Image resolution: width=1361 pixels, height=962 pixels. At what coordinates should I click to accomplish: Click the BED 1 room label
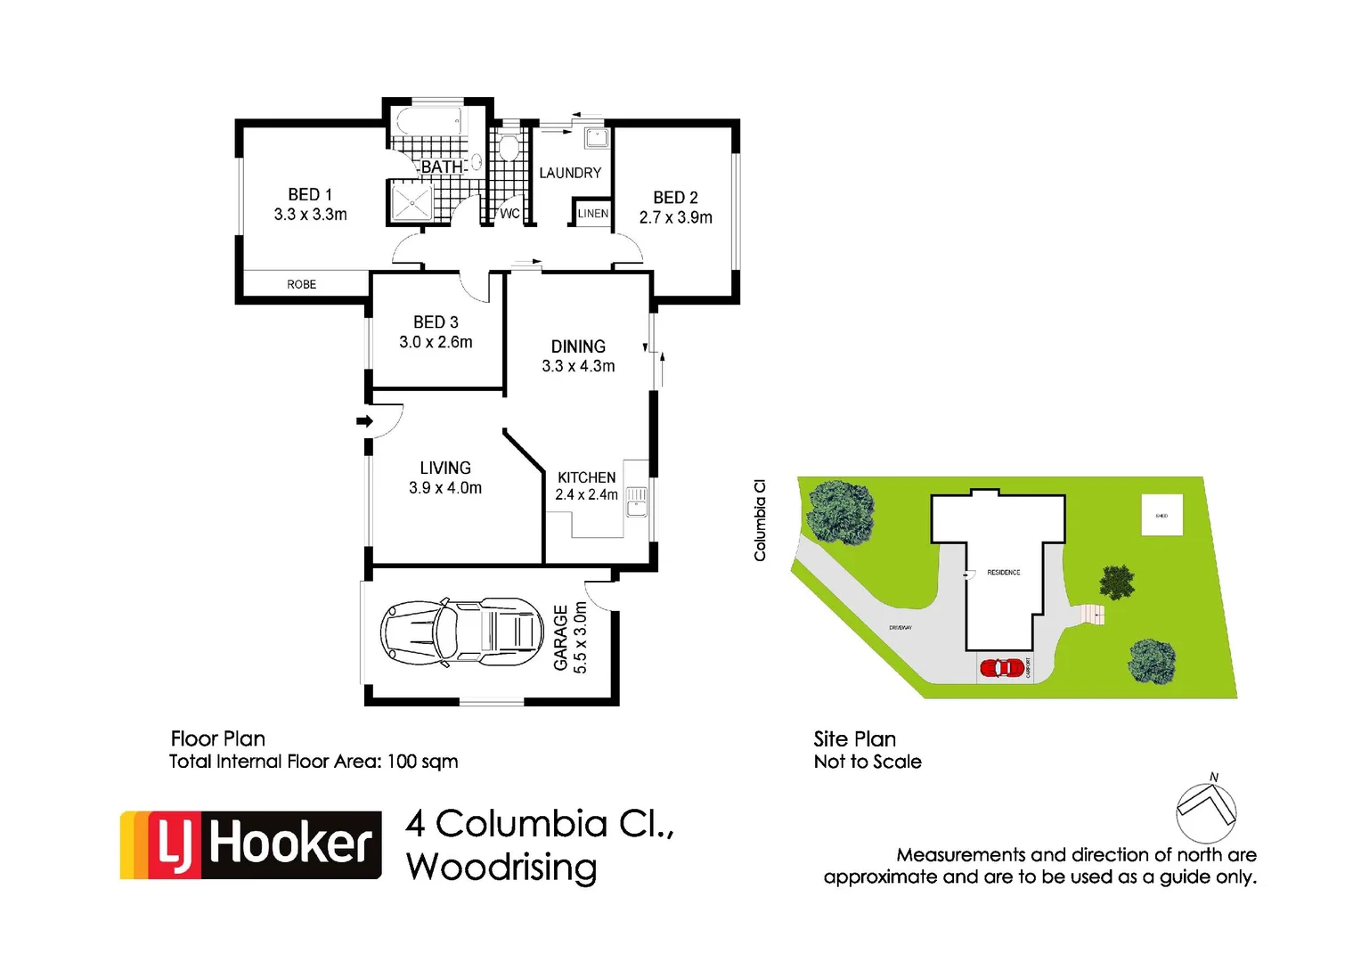click(x=310, y=194)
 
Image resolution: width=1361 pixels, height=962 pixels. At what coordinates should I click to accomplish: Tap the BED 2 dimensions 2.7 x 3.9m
click(x=675, y=217)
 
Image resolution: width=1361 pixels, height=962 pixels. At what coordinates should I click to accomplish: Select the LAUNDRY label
click(x=570, y=173)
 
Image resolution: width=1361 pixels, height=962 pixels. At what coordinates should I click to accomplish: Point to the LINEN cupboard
click(x=592, y=214)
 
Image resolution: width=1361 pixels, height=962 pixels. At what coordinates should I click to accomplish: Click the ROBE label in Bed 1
click(x=301, y=284)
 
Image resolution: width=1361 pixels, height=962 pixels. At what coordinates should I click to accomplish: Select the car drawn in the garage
click(x=461, y=632)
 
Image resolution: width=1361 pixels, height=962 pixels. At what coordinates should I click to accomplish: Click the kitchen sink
click(x=636, y=501)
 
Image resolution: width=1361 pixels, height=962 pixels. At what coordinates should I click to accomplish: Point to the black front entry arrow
click(x=364, y=420)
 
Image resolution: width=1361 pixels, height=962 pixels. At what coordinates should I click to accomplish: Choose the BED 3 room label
click(x=436, y=322)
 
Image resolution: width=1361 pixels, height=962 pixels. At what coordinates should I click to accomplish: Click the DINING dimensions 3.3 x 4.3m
click(x=578, y=366)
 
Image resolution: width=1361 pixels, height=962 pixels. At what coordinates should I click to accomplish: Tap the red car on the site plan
click(x=1002, y=667)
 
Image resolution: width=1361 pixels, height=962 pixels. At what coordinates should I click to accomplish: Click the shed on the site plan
click(x=1161, y=515)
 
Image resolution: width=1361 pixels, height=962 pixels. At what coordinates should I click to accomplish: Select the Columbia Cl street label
click(x=760, y=520)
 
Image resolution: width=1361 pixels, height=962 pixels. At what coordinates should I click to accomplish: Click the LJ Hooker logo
click(x=250, y=844)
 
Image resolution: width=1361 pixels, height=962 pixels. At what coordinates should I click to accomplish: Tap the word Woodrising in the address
click(x=501, y=867)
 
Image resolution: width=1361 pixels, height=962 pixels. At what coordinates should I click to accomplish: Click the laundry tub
click(x=596, y=137)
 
